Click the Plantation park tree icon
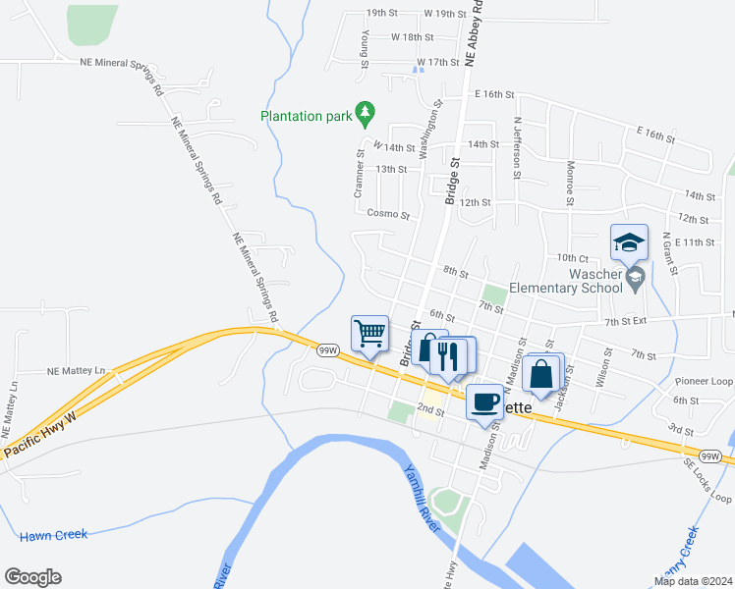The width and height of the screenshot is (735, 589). click(x=365, y=114)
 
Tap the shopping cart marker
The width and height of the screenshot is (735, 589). click(x=369, y=333)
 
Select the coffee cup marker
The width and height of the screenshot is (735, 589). click(x=483, y=402)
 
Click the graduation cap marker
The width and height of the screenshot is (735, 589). click(x=629, y=241)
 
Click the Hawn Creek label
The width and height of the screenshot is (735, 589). click(x=54, y=535)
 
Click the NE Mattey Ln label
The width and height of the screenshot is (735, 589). click(x=77, y=372)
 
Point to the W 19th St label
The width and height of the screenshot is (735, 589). click(x=444, y=14)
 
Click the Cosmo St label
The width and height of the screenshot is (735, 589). click(x=387, y=213)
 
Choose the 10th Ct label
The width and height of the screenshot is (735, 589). click(x=571, y=257)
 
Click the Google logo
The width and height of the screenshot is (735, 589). click(x=32, y=577)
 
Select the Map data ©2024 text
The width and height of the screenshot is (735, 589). click(x=694, y=581)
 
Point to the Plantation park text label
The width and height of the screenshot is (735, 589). click(x=306, y=116)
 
